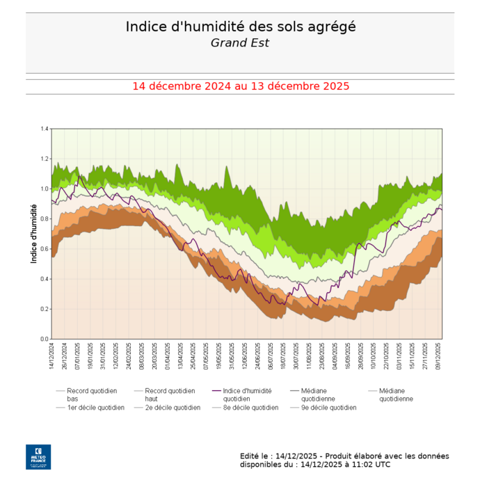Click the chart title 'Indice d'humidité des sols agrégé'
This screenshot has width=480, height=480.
[240, 26]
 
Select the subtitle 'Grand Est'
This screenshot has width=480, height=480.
[240, 43]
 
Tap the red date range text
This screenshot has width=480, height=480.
[240, 86]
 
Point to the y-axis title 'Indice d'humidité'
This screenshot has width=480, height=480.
[34, 233]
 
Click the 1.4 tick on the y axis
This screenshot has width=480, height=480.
[45, 129]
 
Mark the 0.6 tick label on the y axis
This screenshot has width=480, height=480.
[45, 248]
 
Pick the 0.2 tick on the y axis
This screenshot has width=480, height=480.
[45, 309]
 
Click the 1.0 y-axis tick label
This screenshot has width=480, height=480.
[45, 189]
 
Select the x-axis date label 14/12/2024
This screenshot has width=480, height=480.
[53, 356]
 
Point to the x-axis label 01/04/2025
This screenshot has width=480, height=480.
[168, 356]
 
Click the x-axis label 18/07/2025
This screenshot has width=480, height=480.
[283, 356]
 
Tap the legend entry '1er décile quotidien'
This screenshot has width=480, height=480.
[95, 408]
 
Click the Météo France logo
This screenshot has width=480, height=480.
[38, 456]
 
